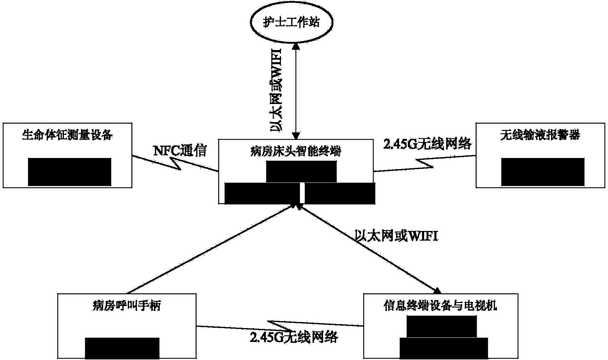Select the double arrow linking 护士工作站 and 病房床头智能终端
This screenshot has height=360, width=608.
pos(295,91)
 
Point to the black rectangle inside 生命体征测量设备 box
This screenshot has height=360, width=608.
pos(69,172)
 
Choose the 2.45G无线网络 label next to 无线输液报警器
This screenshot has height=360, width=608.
pos(426,144)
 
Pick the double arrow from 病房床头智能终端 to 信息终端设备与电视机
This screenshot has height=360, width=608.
pos(368,248)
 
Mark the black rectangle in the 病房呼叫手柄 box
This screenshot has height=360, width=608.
pos(122,348)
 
